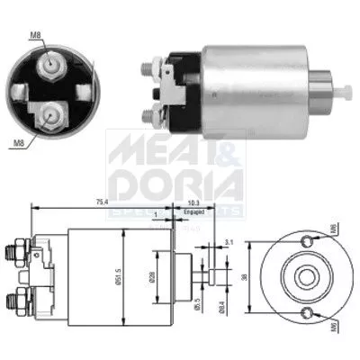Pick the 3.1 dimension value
[229, 241]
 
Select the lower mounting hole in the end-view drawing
[310, 313]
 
